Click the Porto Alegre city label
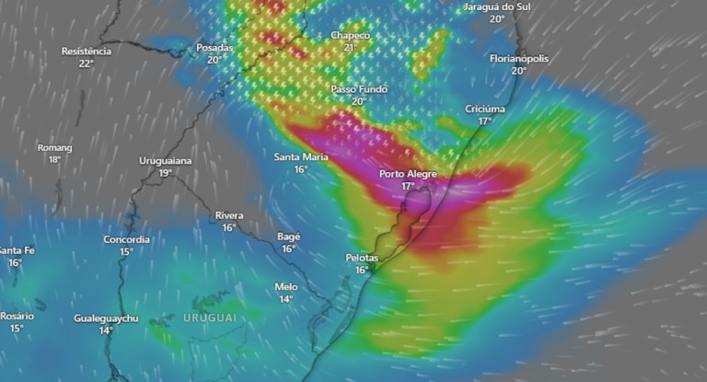[408, 174]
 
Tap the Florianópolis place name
[519, 58]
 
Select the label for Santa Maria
[301, 156]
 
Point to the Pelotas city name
[362, 258]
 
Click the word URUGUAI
[209, 318]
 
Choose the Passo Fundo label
[359, 89]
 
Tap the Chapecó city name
[350, 35]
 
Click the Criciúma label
[485, 109]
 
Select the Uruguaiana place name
[166, 160]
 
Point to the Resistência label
[87, 51]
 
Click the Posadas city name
[214, 47]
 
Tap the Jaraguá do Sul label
[497, 6]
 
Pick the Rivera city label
[229, 215]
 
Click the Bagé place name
[289, 237]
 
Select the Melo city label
[286, 286]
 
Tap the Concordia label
[126, 239]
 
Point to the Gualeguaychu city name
[107, 318]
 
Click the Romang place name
[54, 147]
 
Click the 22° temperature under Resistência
[87, 64]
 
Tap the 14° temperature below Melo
[286, 299]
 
